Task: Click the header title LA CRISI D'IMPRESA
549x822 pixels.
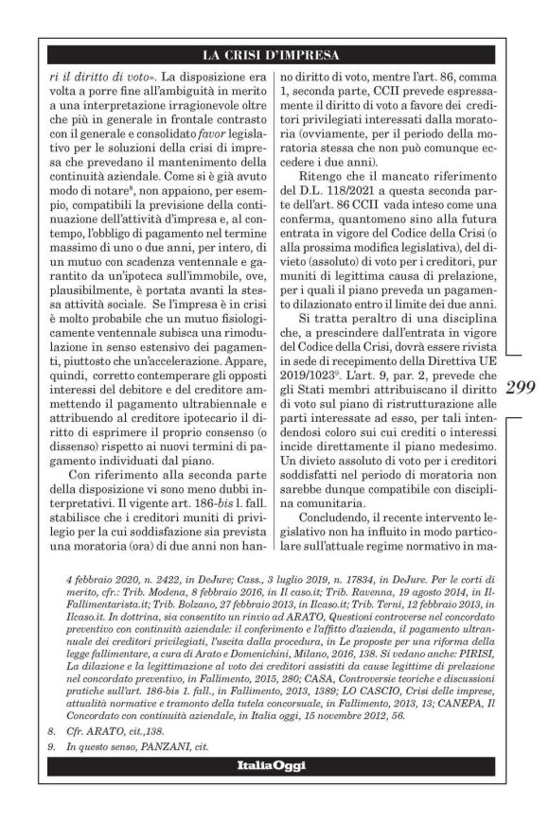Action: tap(274, 55)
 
